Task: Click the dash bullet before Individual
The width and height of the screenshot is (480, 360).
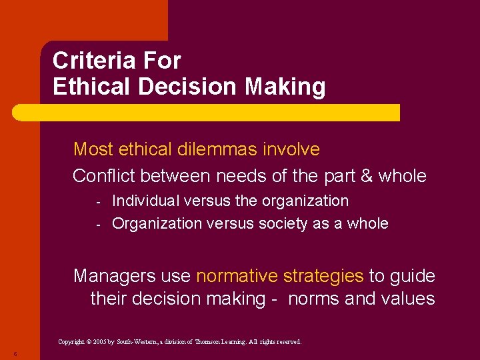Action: [97, 201]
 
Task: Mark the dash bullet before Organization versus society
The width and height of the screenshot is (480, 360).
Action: [97, 224]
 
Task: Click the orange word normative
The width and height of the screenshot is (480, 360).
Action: [237, 275]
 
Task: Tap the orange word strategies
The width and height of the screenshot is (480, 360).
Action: [323, 275]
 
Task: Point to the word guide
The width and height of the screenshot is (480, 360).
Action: [413, 275]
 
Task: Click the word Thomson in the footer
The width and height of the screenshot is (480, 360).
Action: [212, 342]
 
